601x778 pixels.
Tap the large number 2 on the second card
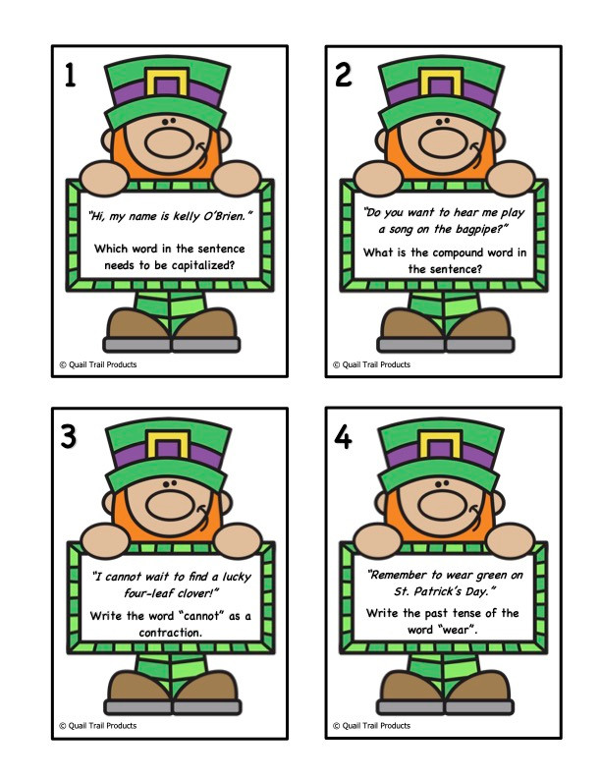click(343, 76)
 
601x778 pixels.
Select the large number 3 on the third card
click(69, 438)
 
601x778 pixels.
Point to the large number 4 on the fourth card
click(343, 438)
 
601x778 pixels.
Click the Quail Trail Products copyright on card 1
click(97, 363)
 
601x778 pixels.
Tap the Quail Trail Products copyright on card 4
click(372, 726)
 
